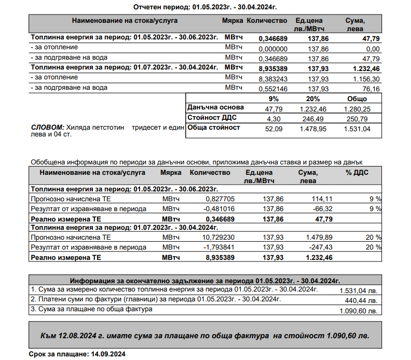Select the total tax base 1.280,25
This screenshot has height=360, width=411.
358,108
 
